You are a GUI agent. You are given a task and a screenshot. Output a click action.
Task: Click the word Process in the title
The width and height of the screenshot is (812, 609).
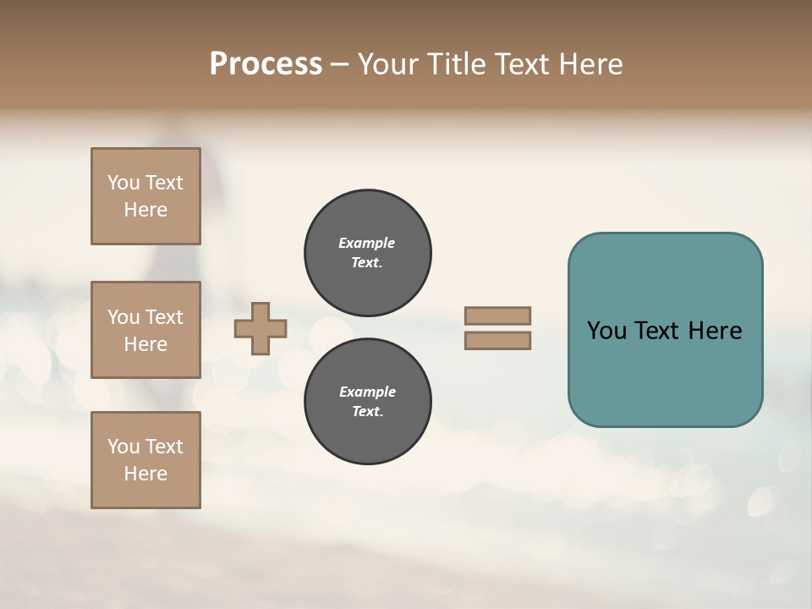(266, 64)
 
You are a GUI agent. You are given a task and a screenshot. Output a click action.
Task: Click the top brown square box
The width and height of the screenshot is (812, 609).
(145, 196)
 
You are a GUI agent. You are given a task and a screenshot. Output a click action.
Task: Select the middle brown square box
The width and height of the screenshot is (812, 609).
(145, 330)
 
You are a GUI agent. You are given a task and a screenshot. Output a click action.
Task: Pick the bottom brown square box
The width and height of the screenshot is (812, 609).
(145, 460)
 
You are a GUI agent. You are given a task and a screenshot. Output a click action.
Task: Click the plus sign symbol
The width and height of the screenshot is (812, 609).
(261, 328)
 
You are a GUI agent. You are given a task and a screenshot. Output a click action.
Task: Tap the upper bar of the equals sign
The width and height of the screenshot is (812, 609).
(497, 315)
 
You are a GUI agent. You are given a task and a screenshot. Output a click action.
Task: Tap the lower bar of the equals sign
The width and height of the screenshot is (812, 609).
(497, 341)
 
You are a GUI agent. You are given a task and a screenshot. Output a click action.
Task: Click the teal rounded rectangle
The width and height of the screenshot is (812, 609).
(665, 372)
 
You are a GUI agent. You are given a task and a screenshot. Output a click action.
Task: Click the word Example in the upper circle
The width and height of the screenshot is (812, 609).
(367, 243)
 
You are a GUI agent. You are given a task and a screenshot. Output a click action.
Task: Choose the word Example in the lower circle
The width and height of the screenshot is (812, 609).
(367, 392)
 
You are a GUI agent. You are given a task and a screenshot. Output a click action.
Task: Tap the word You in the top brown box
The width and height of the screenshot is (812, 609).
(123, 183)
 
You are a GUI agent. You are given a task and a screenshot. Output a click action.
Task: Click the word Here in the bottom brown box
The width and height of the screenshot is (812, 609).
(145, 474)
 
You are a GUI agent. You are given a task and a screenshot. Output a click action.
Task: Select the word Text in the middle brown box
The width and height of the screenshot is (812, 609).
(164, 317)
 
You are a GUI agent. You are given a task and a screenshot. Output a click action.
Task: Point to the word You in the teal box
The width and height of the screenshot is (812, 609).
(606, 331)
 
